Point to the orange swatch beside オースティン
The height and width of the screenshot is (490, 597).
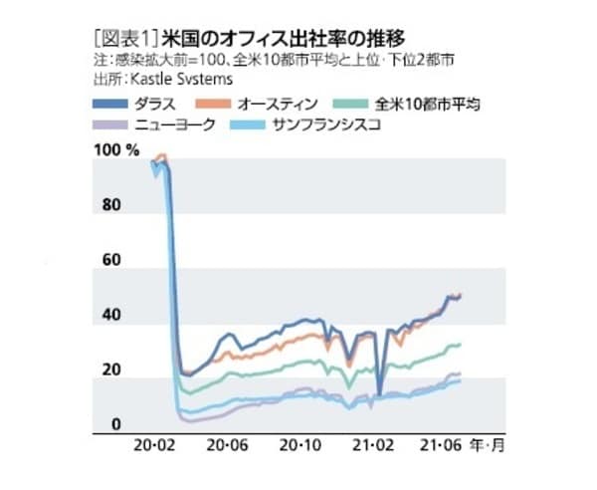tap(214, 104)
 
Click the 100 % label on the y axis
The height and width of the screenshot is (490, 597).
tap(117, 150)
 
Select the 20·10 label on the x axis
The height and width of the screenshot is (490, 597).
tap(302, 445)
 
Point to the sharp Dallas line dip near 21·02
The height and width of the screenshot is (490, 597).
tap(379, 394)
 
